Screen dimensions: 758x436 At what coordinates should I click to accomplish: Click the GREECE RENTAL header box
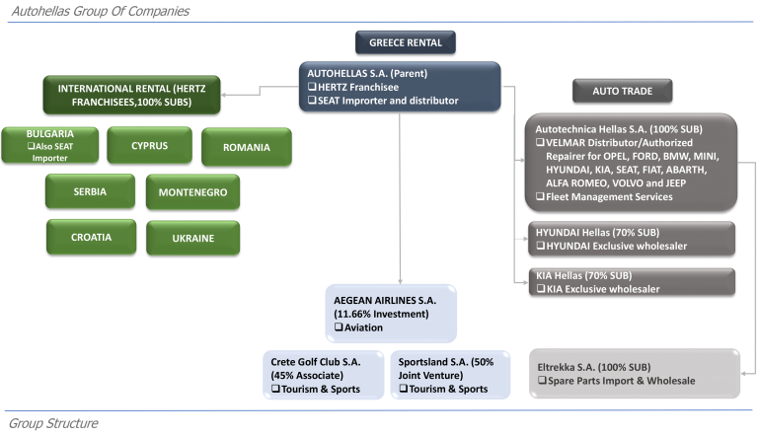tap(405, 42)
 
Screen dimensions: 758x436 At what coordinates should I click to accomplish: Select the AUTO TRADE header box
tap(622, 91)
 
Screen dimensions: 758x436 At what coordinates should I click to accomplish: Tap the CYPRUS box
tap(149, 145)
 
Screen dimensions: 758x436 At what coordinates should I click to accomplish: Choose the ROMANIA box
tap(247, 147)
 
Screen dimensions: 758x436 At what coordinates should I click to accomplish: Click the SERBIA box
tap(90, 191)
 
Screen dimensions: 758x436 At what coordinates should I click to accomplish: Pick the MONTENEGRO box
tap(192, 192)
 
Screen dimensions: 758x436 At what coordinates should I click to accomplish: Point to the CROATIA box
tap(92, 237)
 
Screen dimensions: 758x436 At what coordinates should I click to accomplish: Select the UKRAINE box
tap(192, 238)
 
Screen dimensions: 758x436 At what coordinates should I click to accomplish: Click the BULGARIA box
tap(49, 145)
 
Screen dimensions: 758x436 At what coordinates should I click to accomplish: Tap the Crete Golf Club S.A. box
tap(324, 375)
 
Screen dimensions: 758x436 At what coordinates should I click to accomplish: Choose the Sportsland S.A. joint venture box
tap(450, 375)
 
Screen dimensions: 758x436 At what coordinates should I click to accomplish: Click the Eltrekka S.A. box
tap(635, 374)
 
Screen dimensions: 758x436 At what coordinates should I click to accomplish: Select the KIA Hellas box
tap(632, 282)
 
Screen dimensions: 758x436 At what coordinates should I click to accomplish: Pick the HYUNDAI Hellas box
tap(632, 239)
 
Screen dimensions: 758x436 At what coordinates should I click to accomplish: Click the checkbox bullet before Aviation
tap(339, 327)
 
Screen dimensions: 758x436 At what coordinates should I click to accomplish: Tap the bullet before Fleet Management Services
tap(540, 196)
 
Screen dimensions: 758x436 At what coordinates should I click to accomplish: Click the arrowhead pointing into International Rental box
tap(224, 95)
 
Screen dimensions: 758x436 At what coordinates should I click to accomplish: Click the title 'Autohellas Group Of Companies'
tap(101, 11)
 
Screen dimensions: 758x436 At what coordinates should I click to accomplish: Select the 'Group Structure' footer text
tap(53, 423)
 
